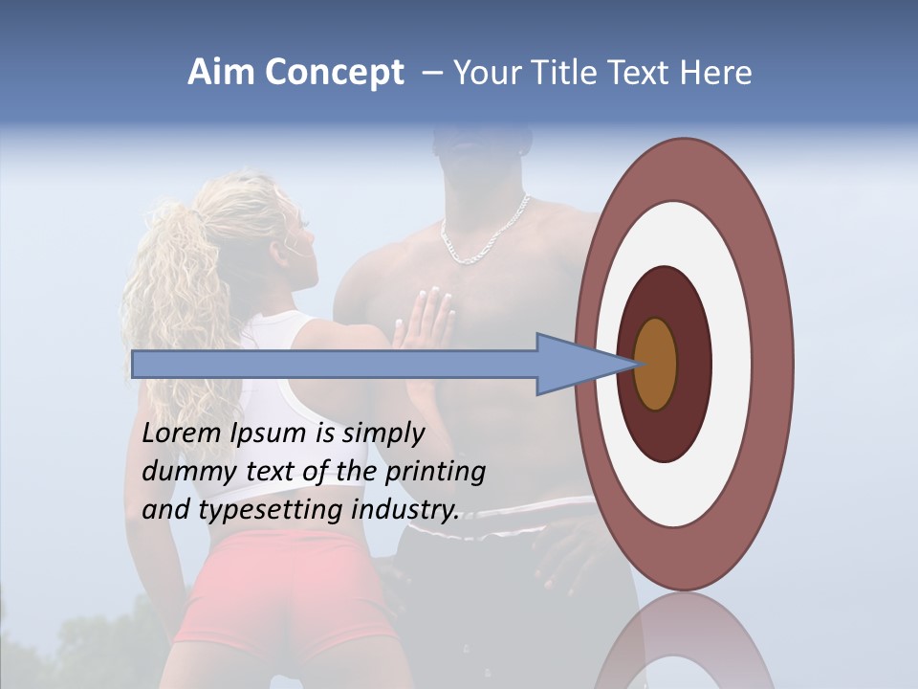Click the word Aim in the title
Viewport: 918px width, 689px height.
221,73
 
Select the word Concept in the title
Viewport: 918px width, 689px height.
334,73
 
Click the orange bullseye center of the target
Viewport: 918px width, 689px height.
656,364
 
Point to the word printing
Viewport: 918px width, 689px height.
435,473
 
